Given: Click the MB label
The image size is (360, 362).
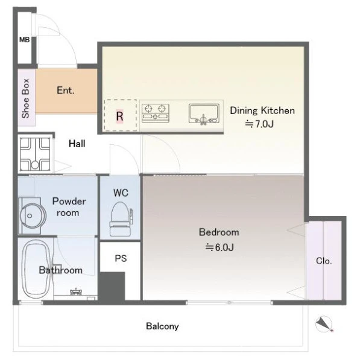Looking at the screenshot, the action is (x=25, y=40).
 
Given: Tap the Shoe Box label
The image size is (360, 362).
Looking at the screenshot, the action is (x=25, y=98).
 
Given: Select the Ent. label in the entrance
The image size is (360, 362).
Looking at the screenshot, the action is (x=66, y=91).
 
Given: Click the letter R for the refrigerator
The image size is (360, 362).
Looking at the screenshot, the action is (x=119, y=116).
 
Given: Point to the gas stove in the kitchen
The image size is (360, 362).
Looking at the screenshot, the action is (x=156, y=113).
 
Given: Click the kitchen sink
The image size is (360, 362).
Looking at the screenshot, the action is (x=204, y=114).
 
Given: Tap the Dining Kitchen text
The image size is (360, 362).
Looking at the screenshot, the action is (x=262, y=111).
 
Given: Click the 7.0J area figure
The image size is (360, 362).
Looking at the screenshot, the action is (x=260, y=124).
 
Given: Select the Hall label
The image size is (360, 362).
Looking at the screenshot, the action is (x=77, y=144).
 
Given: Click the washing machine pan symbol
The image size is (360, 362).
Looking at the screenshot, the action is (x=35, y=154).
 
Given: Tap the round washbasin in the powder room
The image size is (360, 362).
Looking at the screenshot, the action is (x=33, y=216).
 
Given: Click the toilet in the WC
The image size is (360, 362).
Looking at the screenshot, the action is (x=121, y=219).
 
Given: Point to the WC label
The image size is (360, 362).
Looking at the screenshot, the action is (x=121, y=193).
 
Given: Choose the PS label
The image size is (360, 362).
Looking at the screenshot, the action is (x=121, y=258).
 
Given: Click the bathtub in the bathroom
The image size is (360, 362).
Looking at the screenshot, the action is (x=36, y=269).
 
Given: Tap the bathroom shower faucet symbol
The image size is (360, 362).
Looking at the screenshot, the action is (x=76, y=292).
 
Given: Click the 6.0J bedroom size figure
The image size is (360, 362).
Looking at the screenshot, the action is (x=219, y=247).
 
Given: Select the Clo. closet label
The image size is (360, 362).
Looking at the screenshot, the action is (x=324, y=261).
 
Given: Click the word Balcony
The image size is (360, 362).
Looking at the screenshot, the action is (x=162, y=326).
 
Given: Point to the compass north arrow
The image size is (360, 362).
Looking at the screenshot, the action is (x=324, y=324).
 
